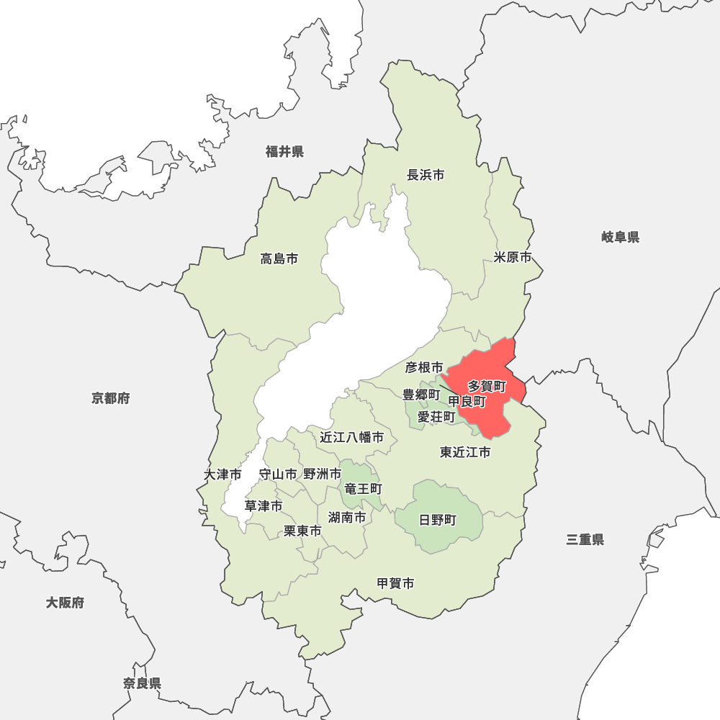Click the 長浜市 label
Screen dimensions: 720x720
coord(426,175)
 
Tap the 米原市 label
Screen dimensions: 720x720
coord(513,257)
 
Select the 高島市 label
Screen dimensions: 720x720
coord(279,258)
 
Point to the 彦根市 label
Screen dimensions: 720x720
coord(424,368)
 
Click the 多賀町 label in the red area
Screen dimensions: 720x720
coord(487,387)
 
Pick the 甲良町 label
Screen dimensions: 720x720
coord(467,402)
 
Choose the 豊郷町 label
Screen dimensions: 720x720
coord(420,395)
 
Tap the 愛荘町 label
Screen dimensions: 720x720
coord(436,417)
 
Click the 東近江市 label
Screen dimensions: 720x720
coord(465,452)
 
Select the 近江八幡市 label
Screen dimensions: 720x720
coord(352,437)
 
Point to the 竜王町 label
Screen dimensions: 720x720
coord(363,489)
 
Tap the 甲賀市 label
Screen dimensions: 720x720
coord(396,583)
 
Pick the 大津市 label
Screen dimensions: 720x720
coord(222,474)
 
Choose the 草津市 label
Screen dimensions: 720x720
coord(263,506)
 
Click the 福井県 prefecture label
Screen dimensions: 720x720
coord(284,151)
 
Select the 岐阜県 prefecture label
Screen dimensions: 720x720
coord(621,237)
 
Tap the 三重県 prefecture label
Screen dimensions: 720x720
coord(585,539)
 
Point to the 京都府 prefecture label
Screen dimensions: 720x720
coord(110,398)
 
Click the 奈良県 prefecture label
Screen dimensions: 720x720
coord(142,683)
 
